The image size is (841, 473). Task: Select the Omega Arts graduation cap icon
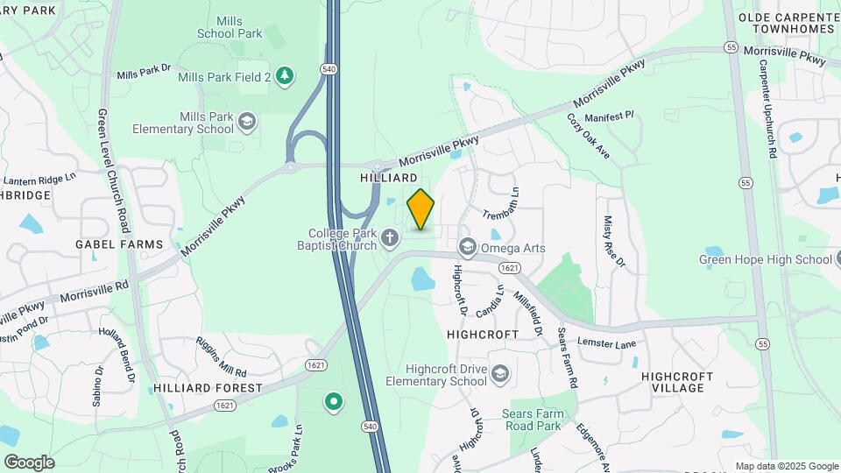(x=466, y=247)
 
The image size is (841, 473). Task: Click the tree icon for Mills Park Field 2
(x=284, y=77)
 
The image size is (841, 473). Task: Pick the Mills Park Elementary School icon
(x=248, y=122)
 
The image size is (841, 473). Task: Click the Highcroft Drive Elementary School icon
(x=499, y=375)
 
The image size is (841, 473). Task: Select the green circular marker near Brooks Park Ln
(x=333, y=402)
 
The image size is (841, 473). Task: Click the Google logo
(x=29, y=462)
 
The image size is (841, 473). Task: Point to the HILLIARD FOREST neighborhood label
(x=208, y=387)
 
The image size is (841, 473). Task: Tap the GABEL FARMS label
(x=119, y=244)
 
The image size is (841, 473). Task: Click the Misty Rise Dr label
(x=613, y=243)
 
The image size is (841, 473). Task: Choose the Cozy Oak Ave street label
(x=588, y=136)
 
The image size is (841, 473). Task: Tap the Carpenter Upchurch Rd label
(x=768, y=109)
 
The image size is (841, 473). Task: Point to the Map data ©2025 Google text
(x=786, y=467)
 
